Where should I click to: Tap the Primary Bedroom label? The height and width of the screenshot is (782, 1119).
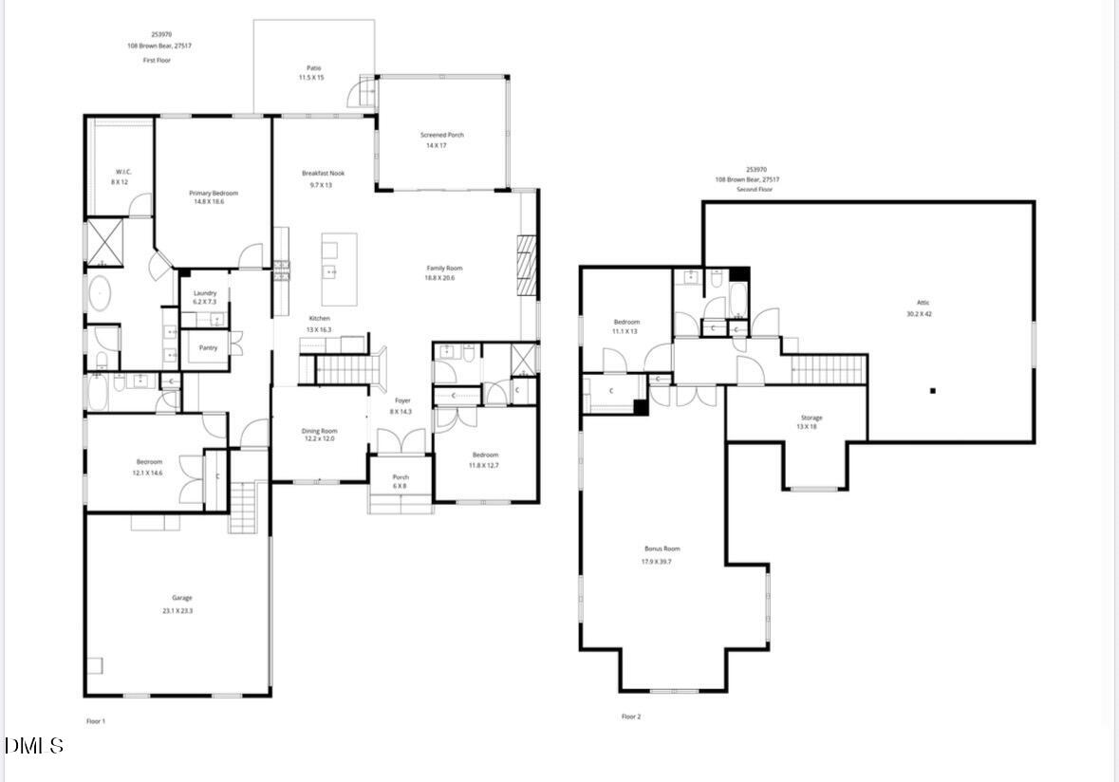pyautogui.click(x=214, y=194)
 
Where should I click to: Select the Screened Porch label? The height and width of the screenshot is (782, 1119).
pyautogui.click(x=442, y=136)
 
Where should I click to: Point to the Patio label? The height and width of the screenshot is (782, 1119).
pyautogui.click(x=313, y=68)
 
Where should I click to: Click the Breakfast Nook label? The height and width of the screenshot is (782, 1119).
pyautogui.click(x=323, y=174)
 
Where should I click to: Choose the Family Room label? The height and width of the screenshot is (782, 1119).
pyautogui.click(x=444, y=269)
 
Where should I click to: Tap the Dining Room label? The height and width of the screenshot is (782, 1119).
pyautogui.click(x=320, y=431)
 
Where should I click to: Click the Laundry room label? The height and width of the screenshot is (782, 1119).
pyautogui.click(x=205, y=293)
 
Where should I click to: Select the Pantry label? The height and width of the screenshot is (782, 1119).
pyautogui.click(x=208, y=347)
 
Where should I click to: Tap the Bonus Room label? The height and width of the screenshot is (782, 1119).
pyautogui.click(x=662, y=549)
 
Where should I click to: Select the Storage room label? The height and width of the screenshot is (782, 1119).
pyautogui.click(x=811, y=418)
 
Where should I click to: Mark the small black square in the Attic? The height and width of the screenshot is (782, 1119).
pyautogui.click(x=933, y=390)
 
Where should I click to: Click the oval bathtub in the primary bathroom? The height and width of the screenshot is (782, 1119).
pyautogui.click(x=100, y=295)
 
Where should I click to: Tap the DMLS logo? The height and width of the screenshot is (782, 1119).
pyautogui.click(x=34, y=746)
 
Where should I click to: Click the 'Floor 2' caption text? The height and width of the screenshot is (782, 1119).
pyautogui.click(x=631, y=717)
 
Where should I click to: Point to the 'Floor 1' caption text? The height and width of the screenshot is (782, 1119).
pyautogui.click(x=96, y=721)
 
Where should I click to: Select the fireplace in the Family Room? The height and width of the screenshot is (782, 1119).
pyautogui.click(x=527, y=269)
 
